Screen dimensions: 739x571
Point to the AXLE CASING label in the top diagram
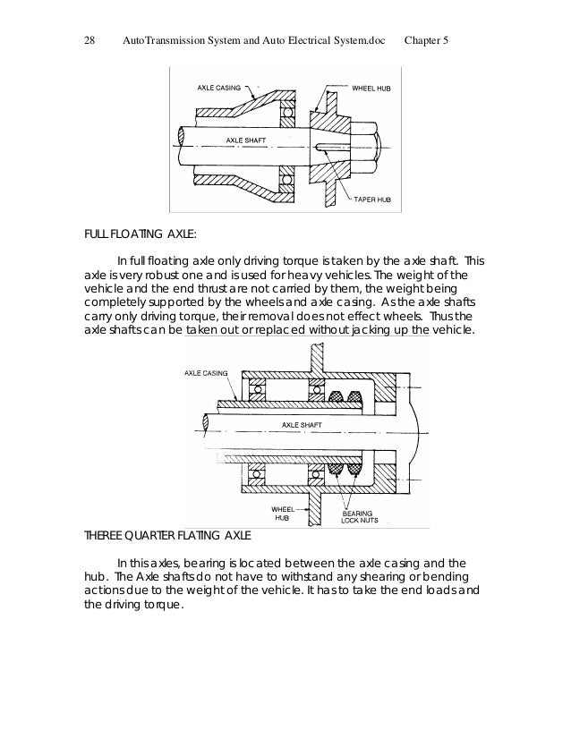(x=217, y=89)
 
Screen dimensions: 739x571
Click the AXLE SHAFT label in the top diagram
(x=245, y=141)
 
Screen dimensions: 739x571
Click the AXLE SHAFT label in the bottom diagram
(x=302, y=424)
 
